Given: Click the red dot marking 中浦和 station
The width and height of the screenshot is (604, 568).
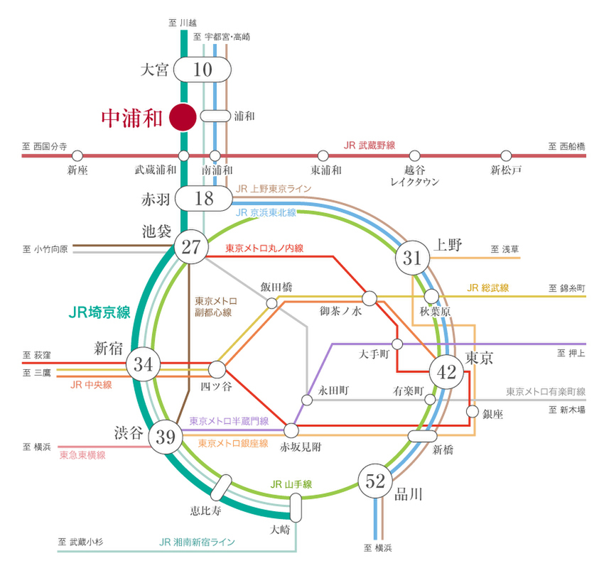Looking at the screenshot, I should click(x=183, y=117).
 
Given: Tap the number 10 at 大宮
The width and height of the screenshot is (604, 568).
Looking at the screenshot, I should click(x=203, y=70).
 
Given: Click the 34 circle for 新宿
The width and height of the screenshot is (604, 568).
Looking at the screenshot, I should click(x=144, y=366).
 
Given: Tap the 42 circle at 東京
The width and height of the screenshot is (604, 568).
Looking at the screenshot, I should click(x=446, y=373).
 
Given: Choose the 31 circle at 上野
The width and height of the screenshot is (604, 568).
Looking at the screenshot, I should click(x=413, y=258).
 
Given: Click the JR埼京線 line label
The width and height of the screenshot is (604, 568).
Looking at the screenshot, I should click(x=99, y=312).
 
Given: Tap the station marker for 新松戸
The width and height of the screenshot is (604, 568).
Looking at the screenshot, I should click(x=506, y=155).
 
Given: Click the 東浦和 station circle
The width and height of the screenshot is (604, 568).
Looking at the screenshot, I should click(x=323, y=155).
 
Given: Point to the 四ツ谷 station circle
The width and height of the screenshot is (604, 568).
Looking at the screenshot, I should click(x=217, y=368).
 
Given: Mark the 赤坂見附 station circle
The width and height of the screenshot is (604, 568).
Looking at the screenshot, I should click(x=291, y=430).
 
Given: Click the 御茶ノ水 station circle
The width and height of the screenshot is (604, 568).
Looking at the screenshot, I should click(x=370, y=297).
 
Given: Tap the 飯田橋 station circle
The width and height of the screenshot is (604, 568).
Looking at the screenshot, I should click(x=271, y=303).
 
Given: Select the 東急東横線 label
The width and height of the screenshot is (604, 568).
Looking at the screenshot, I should click(x=82, y=455).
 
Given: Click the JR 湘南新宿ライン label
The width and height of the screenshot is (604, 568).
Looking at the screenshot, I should click(x=198, y=542).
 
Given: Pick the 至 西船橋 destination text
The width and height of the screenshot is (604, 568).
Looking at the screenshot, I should click(x=566, y=146).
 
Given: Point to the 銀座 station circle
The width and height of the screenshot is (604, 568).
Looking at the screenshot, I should click(x=473, y=410).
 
